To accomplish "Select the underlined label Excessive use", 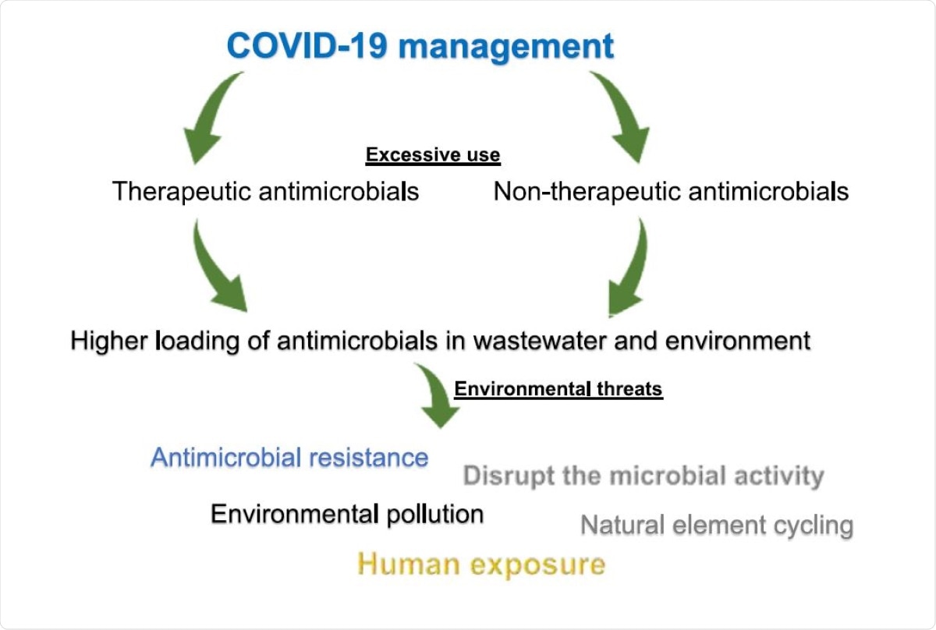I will (433, 155).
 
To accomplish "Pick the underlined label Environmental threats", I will (558, 389).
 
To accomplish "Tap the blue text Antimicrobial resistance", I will (289, 457).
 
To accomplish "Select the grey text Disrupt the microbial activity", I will (643, 476).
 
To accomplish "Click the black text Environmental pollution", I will (347, 514).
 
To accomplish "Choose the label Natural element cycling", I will (717, 525).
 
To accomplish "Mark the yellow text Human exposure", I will (481, 563).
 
